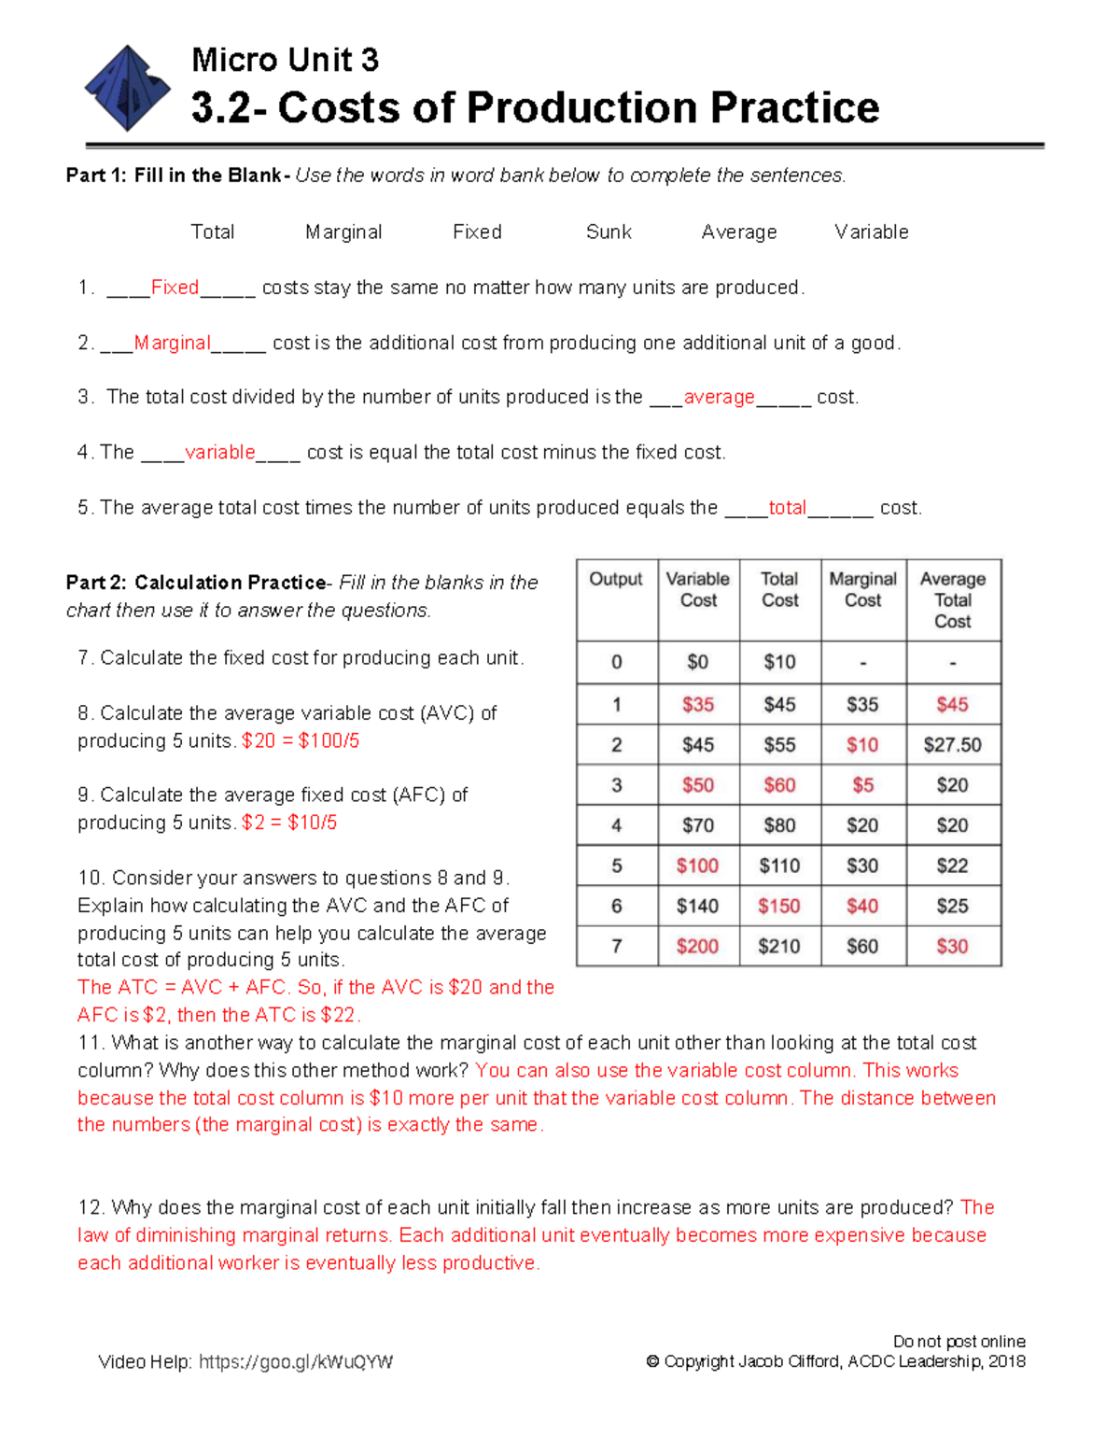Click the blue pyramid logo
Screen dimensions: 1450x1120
click(127, 88)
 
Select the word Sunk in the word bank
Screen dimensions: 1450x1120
click(609, 232)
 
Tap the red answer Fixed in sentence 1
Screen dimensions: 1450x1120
click(175, 288)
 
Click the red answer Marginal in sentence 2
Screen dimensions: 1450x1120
click(173, 343)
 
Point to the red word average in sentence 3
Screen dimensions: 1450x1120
click(719, 397)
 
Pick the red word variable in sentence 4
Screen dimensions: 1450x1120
click(220, 452)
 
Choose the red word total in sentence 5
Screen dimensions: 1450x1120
click(787, 508)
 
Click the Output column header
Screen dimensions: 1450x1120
click(616, 579)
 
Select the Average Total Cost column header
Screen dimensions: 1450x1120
click(953, 599)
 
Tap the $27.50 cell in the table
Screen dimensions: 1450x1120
click(953, 745)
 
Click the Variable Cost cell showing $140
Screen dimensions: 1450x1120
click(698, 906)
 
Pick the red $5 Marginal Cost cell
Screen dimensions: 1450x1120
click(862, 785)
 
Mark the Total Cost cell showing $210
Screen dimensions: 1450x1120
click(779, 946)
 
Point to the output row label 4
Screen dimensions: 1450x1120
click(617, 825)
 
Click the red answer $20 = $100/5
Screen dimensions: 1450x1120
click(301, 740)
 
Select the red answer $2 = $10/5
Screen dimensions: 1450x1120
click(289, 823)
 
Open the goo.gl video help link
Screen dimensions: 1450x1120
click(296, 1361)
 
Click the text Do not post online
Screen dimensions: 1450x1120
click(959, 1341)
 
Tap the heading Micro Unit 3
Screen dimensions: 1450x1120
click(285, 60)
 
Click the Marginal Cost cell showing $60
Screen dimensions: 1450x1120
click(862, 946)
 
